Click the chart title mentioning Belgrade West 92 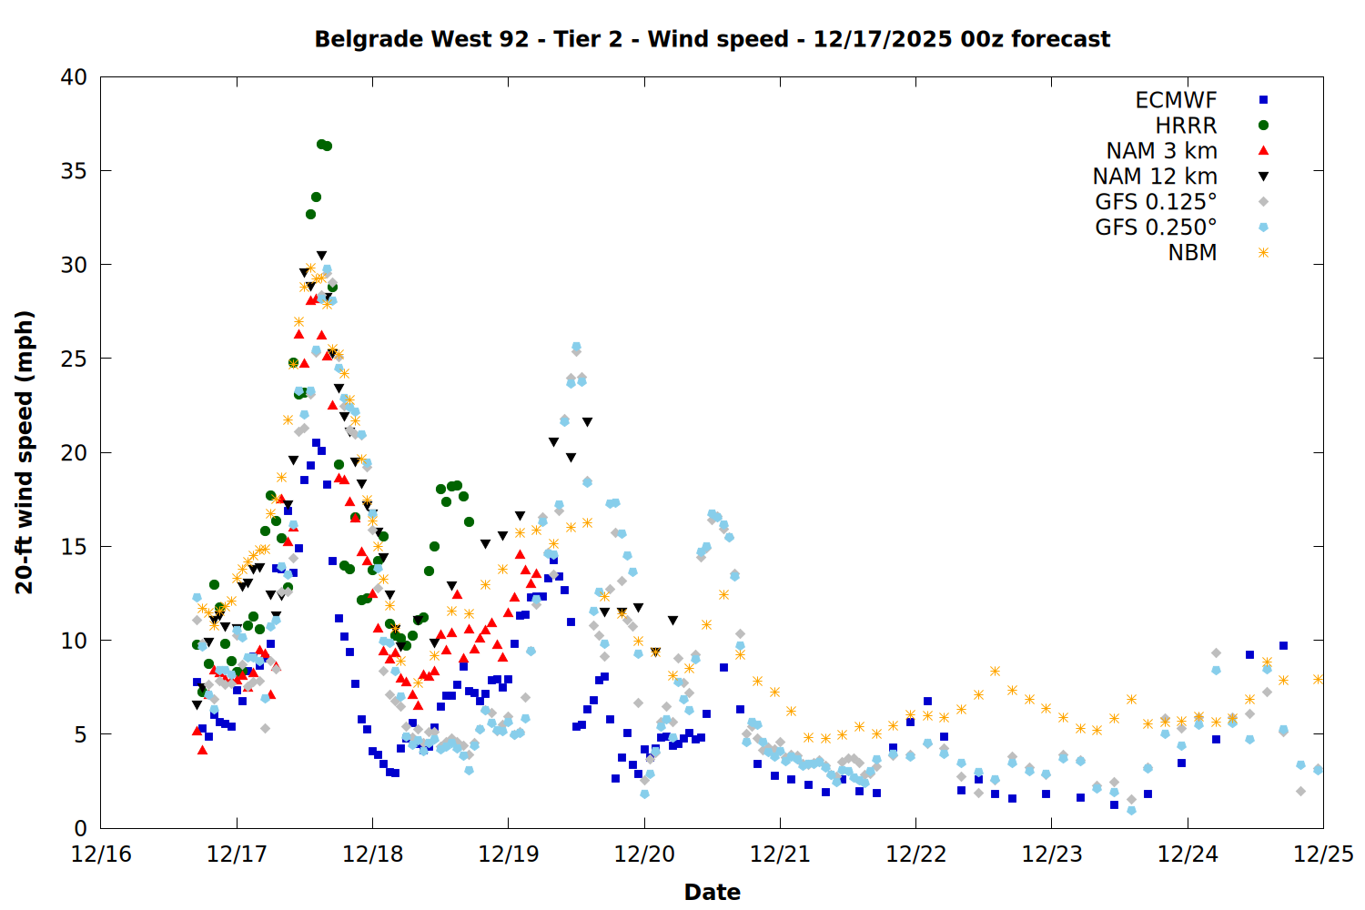[712, 39]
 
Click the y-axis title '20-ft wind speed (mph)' [24, 452]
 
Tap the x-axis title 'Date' [712, 892]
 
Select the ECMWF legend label [1176, 100]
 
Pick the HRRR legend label [1186, 126]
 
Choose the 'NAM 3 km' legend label [1161, 151]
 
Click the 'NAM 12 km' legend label [1155, 177]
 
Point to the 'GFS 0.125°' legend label [1156, 202]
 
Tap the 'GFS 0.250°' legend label [1156, 227]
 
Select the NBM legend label [1192, 253]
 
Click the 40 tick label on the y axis [74, 77]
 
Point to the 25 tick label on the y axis [74, 359]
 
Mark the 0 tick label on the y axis [80, 828]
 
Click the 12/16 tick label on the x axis [101, 854]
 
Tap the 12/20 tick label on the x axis [644, 854]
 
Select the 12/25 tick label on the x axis [1323, 854]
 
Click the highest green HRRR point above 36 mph [321, 144]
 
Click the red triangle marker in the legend [1263, 151]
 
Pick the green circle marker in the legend [1263, 126]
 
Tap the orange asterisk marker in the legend [1263, 253]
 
